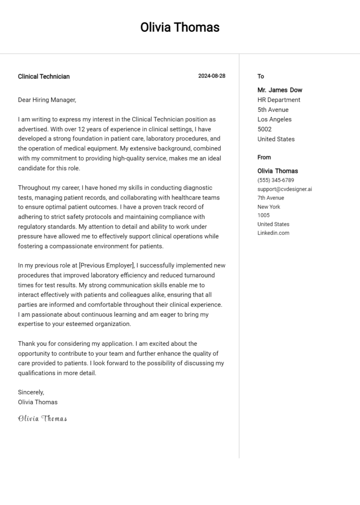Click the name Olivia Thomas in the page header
click(x=180, y=27)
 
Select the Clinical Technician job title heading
click(x=44, y=76)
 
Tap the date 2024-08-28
click(x=211, y=76)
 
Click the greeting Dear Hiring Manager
click(x=47, y=100)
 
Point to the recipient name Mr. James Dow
click(x=280, y=90)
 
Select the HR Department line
click(x=279, y=100)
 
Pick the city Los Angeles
click(x=274, y=119)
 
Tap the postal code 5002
click(x=264, y=129)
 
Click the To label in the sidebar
click(x=261, y=76)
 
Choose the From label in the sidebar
click(x=264, y=157)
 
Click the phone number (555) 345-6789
click(x=276, y=180)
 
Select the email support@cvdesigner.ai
click(x=285, y=189)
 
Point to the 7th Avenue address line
click(x=270, y=198)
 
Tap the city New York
click(x=269, y=207)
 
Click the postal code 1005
click(x=263, y=215)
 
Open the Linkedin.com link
click(x=273, y=233)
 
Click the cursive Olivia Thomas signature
click(x=42, y=418)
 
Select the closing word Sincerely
click(x=31, y=392)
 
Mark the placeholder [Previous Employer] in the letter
click(x=107, y=265)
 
